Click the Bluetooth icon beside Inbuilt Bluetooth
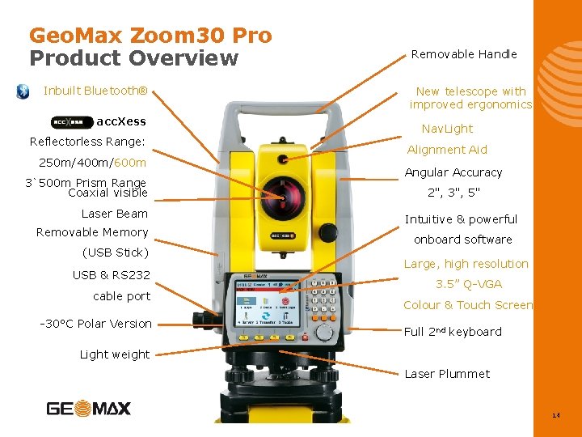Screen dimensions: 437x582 (23, 91)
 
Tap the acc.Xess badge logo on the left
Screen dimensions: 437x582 (72, 122)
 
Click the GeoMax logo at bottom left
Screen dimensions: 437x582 (89, 408)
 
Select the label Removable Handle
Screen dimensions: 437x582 (464, 54)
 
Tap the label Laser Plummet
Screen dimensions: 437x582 (447, 374)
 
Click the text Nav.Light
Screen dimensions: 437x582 (447, 129)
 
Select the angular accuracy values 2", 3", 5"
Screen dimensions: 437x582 (453, 193)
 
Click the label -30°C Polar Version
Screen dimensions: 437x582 (95, 324)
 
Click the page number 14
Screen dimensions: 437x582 (555, 415)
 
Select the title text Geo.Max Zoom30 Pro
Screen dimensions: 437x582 (150, 36)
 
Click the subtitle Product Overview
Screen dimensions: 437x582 (134, 58)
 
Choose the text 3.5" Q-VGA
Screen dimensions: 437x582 (469, 284)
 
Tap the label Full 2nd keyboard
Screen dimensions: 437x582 (453, 332)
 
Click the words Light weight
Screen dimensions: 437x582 (115, 354)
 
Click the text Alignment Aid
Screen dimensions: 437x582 (447, 150)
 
